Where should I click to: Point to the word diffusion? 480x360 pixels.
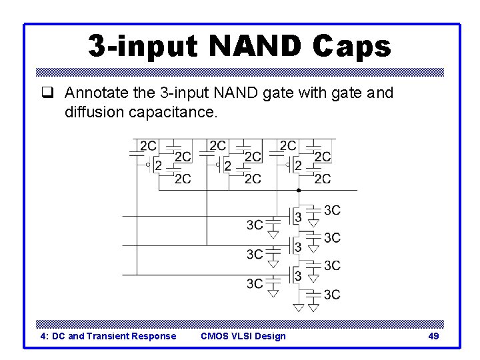point(93,112)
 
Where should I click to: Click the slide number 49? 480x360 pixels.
point(433,336)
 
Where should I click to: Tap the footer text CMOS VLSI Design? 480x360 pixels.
point(243,336)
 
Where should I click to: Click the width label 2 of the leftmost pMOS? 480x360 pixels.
point(157,165)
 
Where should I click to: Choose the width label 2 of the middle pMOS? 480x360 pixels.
point(227,165)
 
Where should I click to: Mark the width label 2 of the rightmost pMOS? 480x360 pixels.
point(297,165)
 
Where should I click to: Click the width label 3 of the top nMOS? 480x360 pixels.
point(298,218)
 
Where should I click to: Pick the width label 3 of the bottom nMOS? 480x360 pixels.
point(298,275)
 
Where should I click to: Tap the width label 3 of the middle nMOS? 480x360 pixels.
point(298,247)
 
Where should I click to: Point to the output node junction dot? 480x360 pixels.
point(299,190)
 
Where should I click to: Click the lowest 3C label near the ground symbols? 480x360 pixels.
point(332,295)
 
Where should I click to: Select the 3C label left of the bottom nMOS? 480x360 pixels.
point(255,283)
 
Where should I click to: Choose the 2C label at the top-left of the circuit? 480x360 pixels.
point(148,145)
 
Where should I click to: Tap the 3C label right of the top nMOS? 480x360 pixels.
point(332,211)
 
